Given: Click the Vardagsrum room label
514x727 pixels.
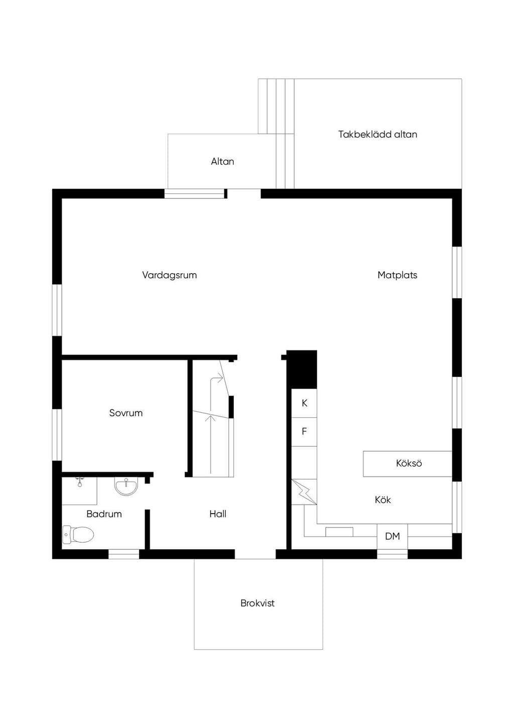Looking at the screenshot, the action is pos(169,275).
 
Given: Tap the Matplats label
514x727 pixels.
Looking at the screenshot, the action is pos(397,275).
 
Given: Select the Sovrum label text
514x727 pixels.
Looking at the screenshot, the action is pos(126,413).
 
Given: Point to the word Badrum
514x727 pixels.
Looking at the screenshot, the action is pos(104,514).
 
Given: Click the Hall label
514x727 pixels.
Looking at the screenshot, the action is pos(218,514).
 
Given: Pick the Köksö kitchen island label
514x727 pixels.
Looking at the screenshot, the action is pos(409,463).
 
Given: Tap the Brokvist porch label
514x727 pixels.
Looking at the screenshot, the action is pos(258,603).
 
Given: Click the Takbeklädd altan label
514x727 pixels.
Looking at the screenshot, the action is pos(377,135).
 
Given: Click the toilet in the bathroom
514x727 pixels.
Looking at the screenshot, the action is pos(78,534).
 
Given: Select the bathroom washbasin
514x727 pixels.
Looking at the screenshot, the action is pos(126,486).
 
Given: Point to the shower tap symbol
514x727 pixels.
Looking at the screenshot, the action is pos(79,482).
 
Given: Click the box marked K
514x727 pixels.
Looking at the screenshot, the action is pos(304,403).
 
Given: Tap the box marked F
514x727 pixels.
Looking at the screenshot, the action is pos(304,432).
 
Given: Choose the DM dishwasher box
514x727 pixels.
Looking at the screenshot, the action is pos(393,537).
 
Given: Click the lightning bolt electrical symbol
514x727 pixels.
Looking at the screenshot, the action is pos(304,492).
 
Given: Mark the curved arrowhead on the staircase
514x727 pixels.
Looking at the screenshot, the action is pos(220,378).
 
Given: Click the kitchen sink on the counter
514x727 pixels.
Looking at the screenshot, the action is pos(339,532).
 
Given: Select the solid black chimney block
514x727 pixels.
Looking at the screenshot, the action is pos(302,370).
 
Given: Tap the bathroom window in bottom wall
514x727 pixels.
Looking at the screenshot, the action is pos(123,554).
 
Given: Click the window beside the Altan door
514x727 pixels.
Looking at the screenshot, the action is pos(194,193).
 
